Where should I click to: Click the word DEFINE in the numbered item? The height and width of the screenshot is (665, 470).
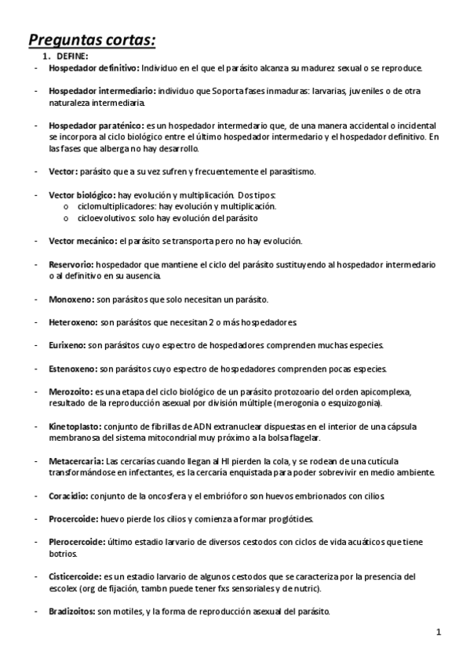click(71, 56)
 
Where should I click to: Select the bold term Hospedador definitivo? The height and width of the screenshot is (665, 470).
click(93, 68)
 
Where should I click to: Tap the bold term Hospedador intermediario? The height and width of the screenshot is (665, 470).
click(99, 92)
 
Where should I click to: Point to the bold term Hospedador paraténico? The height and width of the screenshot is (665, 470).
click(96, 125)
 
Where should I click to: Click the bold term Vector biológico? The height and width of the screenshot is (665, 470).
click(81, 194)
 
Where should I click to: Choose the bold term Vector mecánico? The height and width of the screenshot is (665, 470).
click(82, 241)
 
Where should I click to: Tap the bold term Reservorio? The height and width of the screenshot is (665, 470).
click(71, 265)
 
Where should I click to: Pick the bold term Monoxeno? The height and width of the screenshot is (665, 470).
click(70, 299)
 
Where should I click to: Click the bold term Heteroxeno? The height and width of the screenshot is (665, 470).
click(72, 322)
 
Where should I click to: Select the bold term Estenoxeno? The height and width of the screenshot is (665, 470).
click(72, 369)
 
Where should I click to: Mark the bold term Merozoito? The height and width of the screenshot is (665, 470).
click(70, 391)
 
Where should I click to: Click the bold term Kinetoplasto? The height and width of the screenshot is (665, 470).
click(74, 426)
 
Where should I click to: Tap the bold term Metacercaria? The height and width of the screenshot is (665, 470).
click(75, 461)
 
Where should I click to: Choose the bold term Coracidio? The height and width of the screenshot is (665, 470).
click(68, 496)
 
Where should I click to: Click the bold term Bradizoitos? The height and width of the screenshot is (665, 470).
click(71, 611)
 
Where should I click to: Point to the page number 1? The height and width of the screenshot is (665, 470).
click(439, 632)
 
